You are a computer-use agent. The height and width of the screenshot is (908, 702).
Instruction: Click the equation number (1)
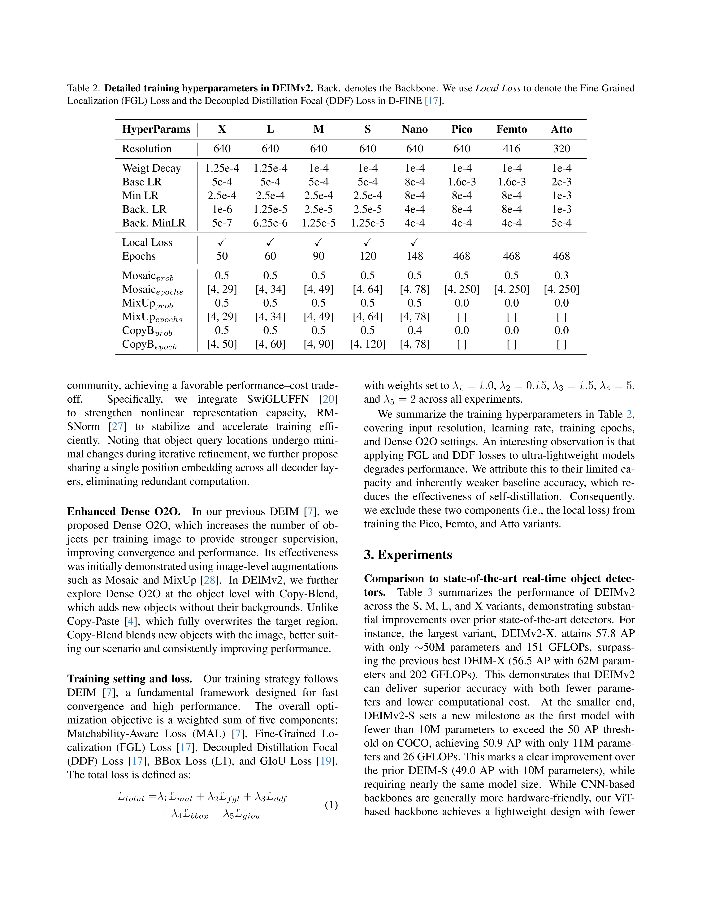click(x=331, y=805)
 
